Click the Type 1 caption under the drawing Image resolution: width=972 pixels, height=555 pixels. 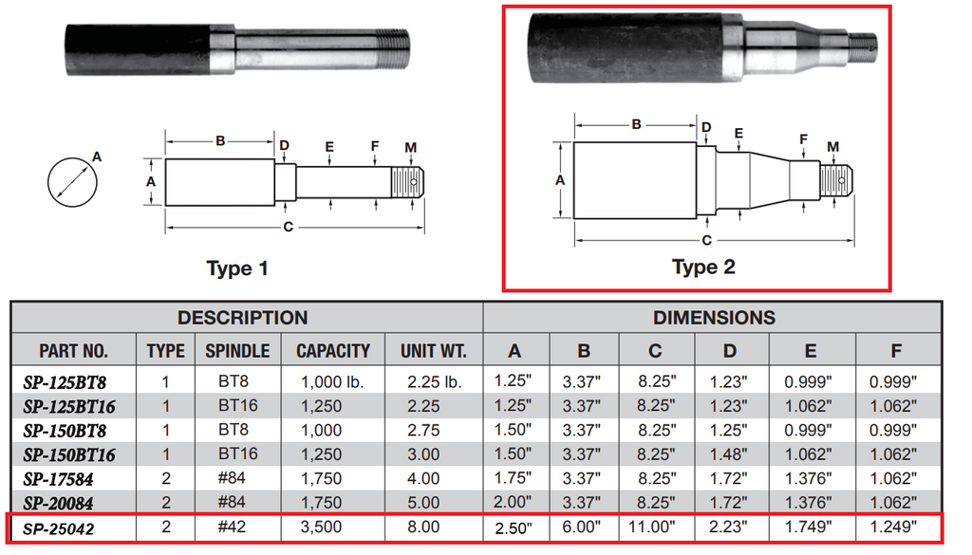tap(237, 268)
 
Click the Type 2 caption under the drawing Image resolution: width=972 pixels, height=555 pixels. tap(703, 267)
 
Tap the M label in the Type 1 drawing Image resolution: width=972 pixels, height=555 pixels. tap(410, 147)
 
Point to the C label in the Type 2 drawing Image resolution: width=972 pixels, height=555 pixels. tap(706, 240)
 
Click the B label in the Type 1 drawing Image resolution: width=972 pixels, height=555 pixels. tap(219, 141)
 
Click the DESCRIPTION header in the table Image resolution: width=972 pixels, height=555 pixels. tap(242, 318)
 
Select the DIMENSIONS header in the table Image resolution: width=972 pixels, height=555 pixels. tap(713, 318)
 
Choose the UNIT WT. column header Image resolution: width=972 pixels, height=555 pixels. tap(434, 351)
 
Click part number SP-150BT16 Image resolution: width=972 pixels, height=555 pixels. tap(69, 454)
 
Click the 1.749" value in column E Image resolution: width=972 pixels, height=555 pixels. tap(810, 527)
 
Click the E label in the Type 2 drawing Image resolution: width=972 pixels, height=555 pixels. tap(738, 134)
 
